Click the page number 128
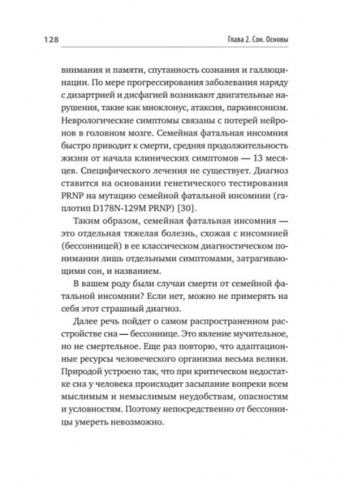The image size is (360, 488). coord(39,38)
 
